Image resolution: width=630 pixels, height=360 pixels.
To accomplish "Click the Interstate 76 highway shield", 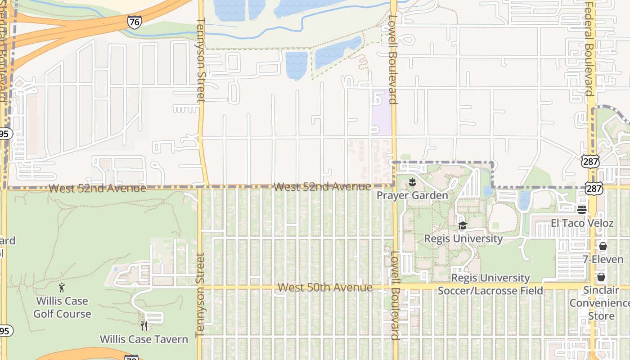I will [134, 22].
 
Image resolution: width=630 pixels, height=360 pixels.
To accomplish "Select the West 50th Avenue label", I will [325, 287].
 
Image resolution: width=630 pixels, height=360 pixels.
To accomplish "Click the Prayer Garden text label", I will [412, 195].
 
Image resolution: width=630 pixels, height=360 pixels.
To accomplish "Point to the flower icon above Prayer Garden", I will [412, 183].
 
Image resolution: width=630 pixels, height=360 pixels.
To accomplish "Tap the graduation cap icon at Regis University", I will [463, 226].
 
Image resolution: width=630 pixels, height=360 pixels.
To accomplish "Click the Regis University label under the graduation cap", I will [463, 238].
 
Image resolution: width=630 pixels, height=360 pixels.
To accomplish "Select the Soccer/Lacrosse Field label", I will [490, 290].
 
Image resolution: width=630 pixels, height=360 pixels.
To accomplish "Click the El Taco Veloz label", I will [582, 223].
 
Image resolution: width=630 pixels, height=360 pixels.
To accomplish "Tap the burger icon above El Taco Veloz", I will [582, 209].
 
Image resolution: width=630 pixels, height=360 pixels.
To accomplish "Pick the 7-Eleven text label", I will [603, 259].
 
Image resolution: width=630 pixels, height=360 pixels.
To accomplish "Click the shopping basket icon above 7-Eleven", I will [603, 246].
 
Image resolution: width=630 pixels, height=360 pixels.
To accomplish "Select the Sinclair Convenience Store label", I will [601, 303].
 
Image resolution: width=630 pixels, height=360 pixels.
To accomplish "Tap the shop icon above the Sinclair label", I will [601, 277].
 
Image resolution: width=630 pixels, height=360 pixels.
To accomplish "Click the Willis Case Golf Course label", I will [62, 307].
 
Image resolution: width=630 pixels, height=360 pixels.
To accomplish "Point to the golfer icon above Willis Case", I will [62, 288].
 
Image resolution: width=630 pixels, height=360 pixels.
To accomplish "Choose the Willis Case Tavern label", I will [144, 339].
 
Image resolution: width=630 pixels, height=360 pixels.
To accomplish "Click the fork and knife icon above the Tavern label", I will [144, 326].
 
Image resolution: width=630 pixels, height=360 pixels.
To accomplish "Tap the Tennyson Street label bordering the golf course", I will [200, 295].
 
